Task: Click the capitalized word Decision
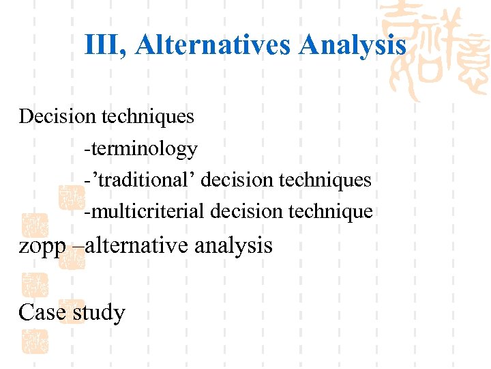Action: (x=57, y=117)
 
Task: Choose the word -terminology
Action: (x=140, y=149)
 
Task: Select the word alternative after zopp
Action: (x=136, y=245)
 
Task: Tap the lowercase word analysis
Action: (x=233, y=245)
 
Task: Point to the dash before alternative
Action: (x=74, y=246)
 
